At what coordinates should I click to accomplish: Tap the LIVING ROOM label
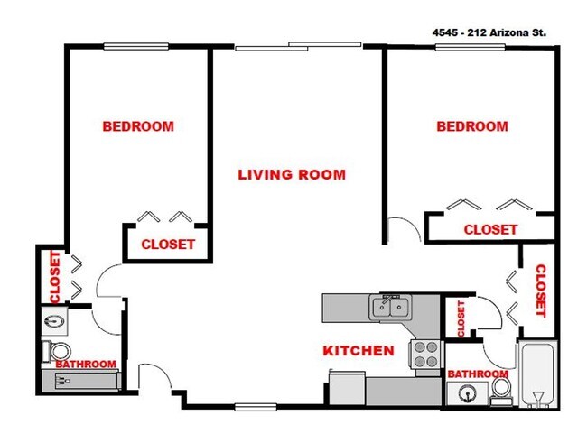(291, 175)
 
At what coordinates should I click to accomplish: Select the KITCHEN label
(359, 350)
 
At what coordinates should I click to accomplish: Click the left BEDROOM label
(137, 126)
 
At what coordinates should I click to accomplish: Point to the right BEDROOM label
(471, 127)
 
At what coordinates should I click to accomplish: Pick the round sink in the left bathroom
(52, 320)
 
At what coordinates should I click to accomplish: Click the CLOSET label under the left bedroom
(167, 245)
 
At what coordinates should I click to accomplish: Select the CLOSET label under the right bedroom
(489, 230)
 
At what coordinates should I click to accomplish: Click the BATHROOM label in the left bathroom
(86, 365)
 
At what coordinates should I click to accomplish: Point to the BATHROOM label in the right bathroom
(477, 374)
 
